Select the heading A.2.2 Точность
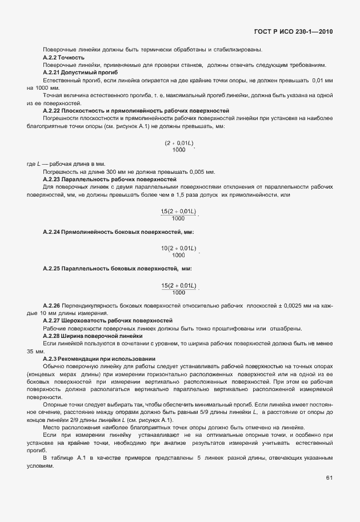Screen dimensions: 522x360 (64, 58)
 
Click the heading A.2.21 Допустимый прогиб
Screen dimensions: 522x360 (80, 73)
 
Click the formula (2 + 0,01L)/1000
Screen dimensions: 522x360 (179, 146)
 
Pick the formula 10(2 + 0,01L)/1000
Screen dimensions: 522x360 (178, 251)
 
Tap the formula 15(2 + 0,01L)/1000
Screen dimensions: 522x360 (178, 288)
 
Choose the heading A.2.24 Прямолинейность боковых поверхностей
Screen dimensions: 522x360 (118, 232)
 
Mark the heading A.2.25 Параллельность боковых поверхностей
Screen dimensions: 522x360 (117, 269)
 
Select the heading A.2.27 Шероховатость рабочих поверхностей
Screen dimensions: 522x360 (107, 321)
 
